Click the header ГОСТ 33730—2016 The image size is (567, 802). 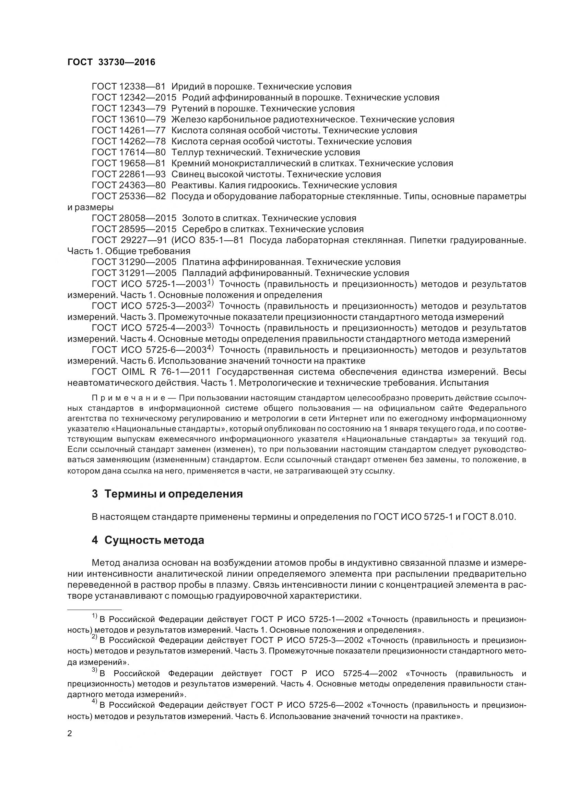pos(111,62)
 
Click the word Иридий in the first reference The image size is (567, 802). pos(186,86)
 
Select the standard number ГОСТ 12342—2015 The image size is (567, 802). pos(134,97)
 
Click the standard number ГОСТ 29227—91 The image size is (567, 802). pos(129,240)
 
